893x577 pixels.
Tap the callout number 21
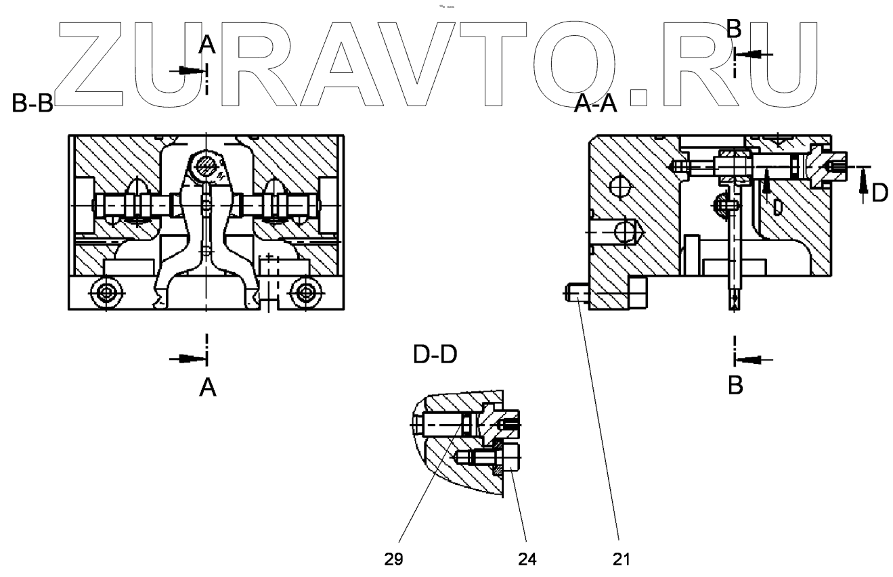tap(622, 559)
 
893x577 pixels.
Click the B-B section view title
tap(32, 104)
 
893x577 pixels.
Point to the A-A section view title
tap(595, 104)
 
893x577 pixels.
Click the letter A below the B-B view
tap(208, 388)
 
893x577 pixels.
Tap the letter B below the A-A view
tap(735, 386)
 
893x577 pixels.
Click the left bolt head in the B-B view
tap(106, 293)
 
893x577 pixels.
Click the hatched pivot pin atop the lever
tap(204, 165)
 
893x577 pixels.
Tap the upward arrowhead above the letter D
tap(863, 177)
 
